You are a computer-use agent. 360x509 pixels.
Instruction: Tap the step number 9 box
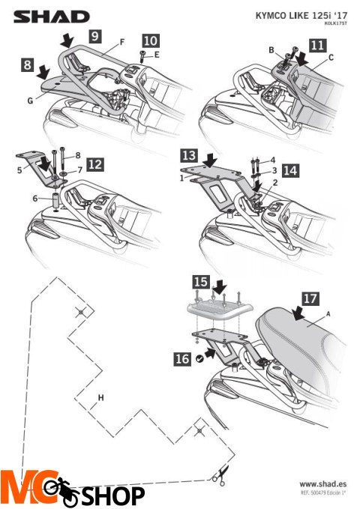(95, 35)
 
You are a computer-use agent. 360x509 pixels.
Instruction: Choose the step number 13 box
(188, 155)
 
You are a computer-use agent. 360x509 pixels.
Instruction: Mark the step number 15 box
(200, 282)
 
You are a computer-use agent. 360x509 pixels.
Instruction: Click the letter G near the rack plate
(32, 97)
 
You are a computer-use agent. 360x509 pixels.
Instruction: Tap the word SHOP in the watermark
(112, 495)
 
